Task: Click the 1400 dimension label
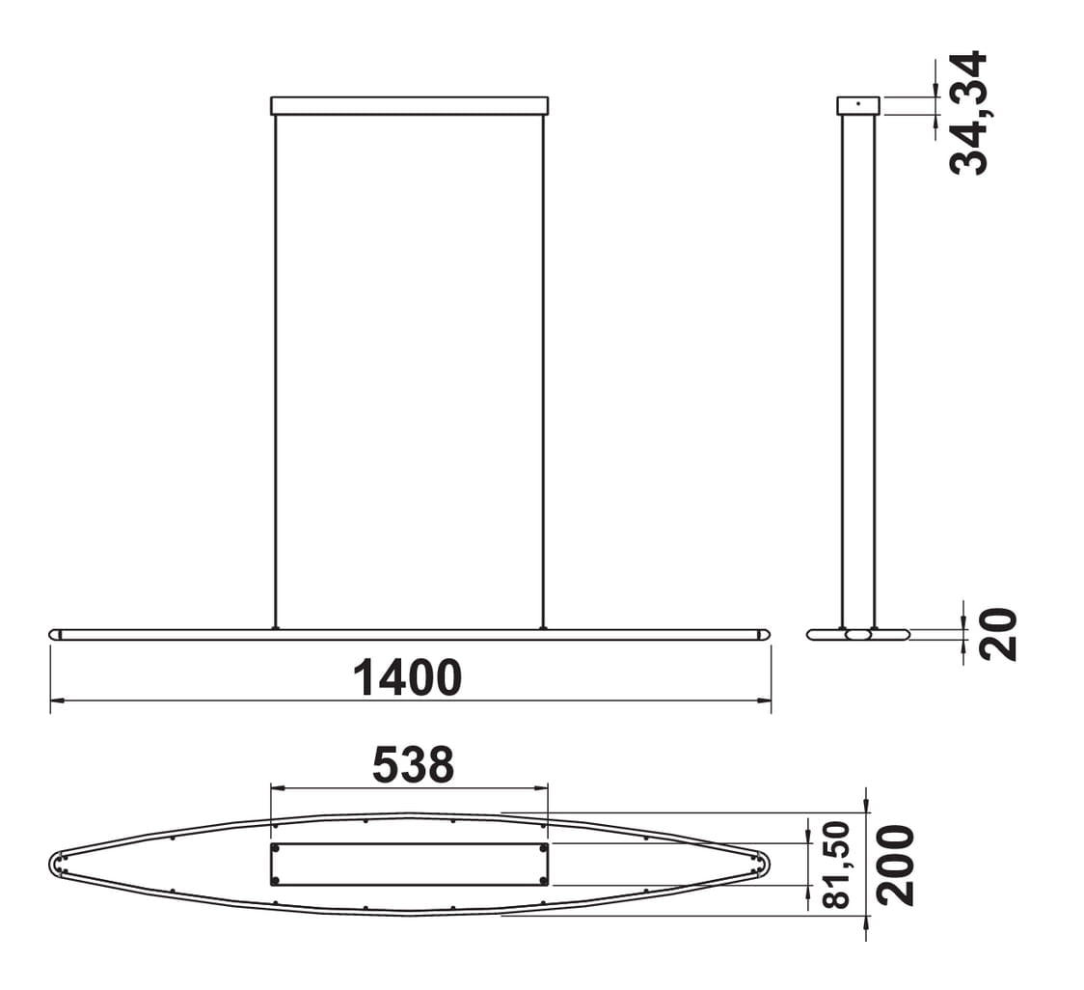tap(407, 677)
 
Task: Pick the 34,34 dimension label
tap(968, 113)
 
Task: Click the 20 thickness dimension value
tap(998, 634)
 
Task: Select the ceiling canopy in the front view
tap(409, 105)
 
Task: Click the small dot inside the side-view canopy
tap(858, 103)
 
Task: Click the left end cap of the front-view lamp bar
tap(55, 635)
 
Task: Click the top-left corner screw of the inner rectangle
tap(276, 848)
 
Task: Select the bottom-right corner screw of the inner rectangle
tap(543, 880)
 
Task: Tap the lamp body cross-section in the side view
tap(858, 635)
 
